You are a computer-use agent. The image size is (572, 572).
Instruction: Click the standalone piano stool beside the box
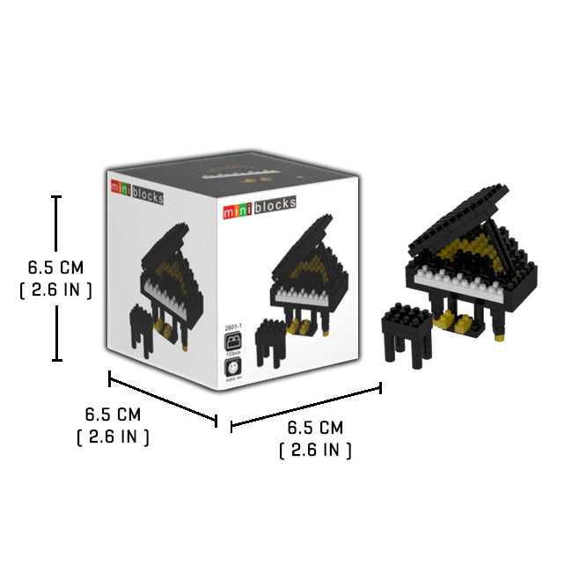[x=407, y=337]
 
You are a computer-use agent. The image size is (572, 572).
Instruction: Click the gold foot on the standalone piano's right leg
[x=501, y=336]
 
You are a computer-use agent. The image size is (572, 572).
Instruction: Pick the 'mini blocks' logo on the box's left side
[x=136, y=193]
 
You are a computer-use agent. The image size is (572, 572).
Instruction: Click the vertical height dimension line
[x=57, y=278]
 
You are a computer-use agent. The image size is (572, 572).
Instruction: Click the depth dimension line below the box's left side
[x=163, y=400]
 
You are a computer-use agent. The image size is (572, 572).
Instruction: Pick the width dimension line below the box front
[x=305, y=407]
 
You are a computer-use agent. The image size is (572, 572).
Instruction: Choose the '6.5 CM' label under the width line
[x=315, y=429]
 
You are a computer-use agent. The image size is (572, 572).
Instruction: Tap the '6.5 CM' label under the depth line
[x=113, y=414]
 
